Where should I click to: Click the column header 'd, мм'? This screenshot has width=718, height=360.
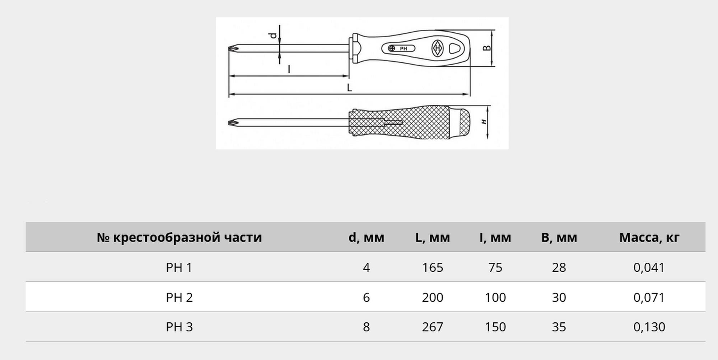click(366, 237)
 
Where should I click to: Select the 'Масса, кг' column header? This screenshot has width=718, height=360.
click(649, 238)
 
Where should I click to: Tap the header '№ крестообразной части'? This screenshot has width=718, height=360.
click(179, 237)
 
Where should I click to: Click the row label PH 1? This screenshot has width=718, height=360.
click(179, 267)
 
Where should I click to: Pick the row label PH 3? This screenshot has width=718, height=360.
click(179, 327)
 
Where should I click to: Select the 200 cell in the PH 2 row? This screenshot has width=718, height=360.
click(433, 298)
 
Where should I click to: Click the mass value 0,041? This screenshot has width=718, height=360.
click(649, 268)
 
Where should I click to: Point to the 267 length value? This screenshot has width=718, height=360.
click(433, 327)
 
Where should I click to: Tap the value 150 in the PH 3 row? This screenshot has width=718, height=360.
click(495, 327)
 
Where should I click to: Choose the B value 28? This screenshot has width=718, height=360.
click(559, 267)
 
